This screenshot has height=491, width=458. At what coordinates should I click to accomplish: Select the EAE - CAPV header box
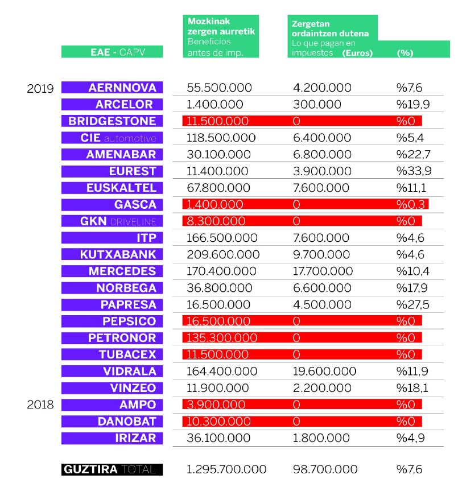click(112, 52)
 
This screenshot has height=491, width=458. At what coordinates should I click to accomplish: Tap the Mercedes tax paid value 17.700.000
click(323, 271)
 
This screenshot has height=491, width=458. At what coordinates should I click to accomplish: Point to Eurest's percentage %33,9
click(414, 171)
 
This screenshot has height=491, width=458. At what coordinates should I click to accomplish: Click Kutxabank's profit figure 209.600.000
click(223, 254)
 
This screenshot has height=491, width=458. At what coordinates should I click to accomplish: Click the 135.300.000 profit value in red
click(222, 338)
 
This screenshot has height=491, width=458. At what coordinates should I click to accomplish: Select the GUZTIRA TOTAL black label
click(112, 469)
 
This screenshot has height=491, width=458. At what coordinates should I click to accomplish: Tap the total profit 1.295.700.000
click(226, 469)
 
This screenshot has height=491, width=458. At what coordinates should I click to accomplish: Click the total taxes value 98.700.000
click(325, 469)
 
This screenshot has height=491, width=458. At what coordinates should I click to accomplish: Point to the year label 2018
click(40, 405)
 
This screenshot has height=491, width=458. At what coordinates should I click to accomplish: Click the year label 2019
click(40, 89)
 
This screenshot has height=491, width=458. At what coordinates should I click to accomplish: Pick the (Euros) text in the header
click(357, 53)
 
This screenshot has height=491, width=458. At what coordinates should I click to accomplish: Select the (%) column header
click(405, 53)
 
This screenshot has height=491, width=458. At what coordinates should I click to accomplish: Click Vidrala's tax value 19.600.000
click(325, 372)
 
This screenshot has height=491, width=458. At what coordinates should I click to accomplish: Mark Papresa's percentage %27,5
click(413, 305)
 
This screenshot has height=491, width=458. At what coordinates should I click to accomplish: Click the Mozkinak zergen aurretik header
click(221, 26)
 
